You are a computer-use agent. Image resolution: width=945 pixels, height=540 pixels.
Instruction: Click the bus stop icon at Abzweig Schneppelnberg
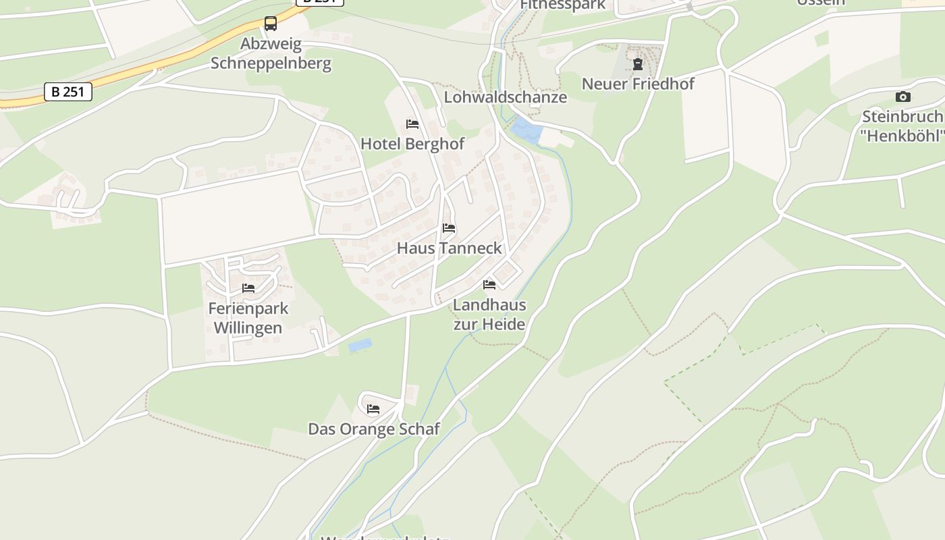[x=271, y=24]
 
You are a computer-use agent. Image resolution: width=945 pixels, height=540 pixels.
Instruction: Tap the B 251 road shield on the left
[x=67, y=92]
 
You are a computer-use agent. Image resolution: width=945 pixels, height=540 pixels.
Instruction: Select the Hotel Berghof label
[x=412, y=144]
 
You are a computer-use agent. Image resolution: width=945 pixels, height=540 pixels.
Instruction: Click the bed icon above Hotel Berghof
[x=412, y=124]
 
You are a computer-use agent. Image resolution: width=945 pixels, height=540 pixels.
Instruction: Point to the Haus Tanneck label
[x=450, y=248]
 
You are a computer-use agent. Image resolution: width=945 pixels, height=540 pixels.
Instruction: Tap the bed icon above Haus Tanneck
[x=449, y=228]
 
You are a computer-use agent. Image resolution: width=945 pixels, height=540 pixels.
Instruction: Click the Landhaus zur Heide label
[x=489, y=315]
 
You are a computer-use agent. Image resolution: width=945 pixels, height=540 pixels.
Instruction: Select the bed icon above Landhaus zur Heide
[x=489, y=285]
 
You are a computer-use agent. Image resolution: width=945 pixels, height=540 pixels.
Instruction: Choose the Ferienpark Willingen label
[x=248, y=319]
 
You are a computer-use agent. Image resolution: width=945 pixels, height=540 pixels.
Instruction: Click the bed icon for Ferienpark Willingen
[x=248, y=288]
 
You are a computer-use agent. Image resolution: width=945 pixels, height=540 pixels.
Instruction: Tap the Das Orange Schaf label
[x=374, y=429]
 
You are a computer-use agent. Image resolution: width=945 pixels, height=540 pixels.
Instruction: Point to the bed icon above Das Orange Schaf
[x=373, y=409]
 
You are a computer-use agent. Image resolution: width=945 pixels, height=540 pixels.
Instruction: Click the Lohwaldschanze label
[x=505, y=97]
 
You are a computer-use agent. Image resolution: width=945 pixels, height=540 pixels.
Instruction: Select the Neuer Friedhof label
[x=638, y=84]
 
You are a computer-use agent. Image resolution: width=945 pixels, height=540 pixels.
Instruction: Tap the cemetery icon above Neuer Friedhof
[x=638, y=65]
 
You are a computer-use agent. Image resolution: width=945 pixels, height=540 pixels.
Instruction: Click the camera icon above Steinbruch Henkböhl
[x=903, y=97]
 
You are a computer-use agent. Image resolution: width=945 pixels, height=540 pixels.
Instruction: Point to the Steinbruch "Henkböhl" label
[x=903, y=126]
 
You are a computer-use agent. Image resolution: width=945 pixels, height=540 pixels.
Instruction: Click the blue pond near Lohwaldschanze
[x=525, y=130]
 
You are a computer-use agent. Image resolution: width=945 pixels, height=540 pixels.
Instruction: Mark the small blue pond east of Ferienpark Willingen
[x=360, y=346]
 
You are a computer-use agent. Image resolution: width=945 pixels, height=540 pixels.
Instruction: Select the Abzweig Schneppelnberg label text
[x=271, y=54]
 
